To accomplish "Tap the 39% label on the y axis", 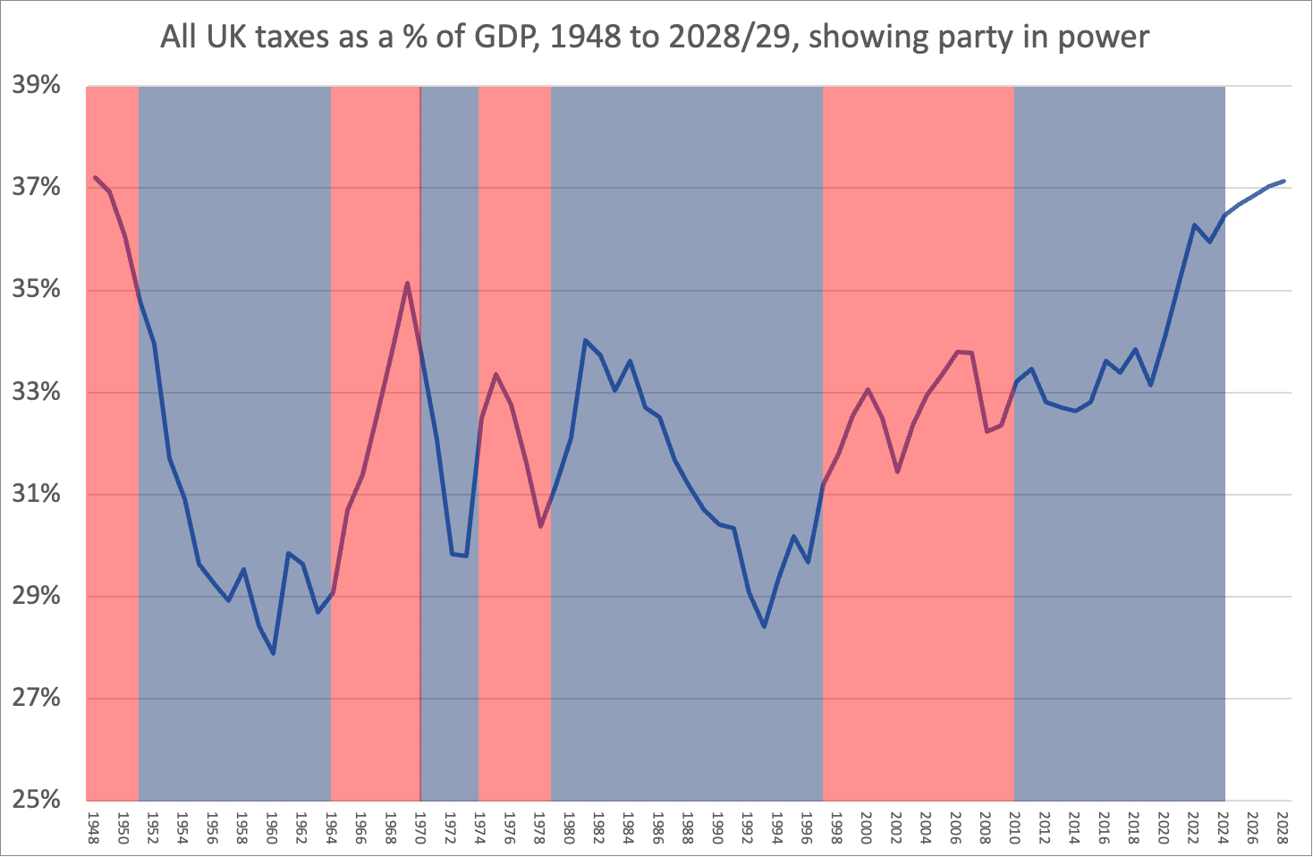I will click(x=36, y=86).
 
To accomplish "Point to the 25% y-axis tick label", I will click(x=36, y=800).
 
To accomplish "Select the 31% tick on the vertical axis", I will click(x=36, y=494).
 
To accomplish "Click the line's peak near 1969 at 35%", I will click(x=407, y=283).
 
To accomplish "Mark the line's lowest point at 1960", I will click(x=273, y=654).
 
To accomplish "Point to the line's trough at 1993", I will click(x=764, y=626).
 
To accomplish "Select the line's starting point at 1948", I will click(x=95, y=177).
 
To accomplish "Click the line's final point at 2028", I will click(x=1283, y=181).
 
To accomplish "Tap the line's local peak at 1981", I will click(x=585, y=340).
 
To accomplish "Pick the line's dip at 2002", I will click(x=897, y=471).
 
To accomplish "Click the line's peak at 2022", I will click(x=1194, y=225).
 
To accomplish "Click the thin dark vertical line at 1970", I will click(x=420, y=581).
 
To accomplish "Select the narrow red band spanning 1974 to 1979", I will click(x=514, y=671).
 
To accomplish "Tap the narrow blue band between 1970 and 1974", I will click(x=450, y=671).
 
